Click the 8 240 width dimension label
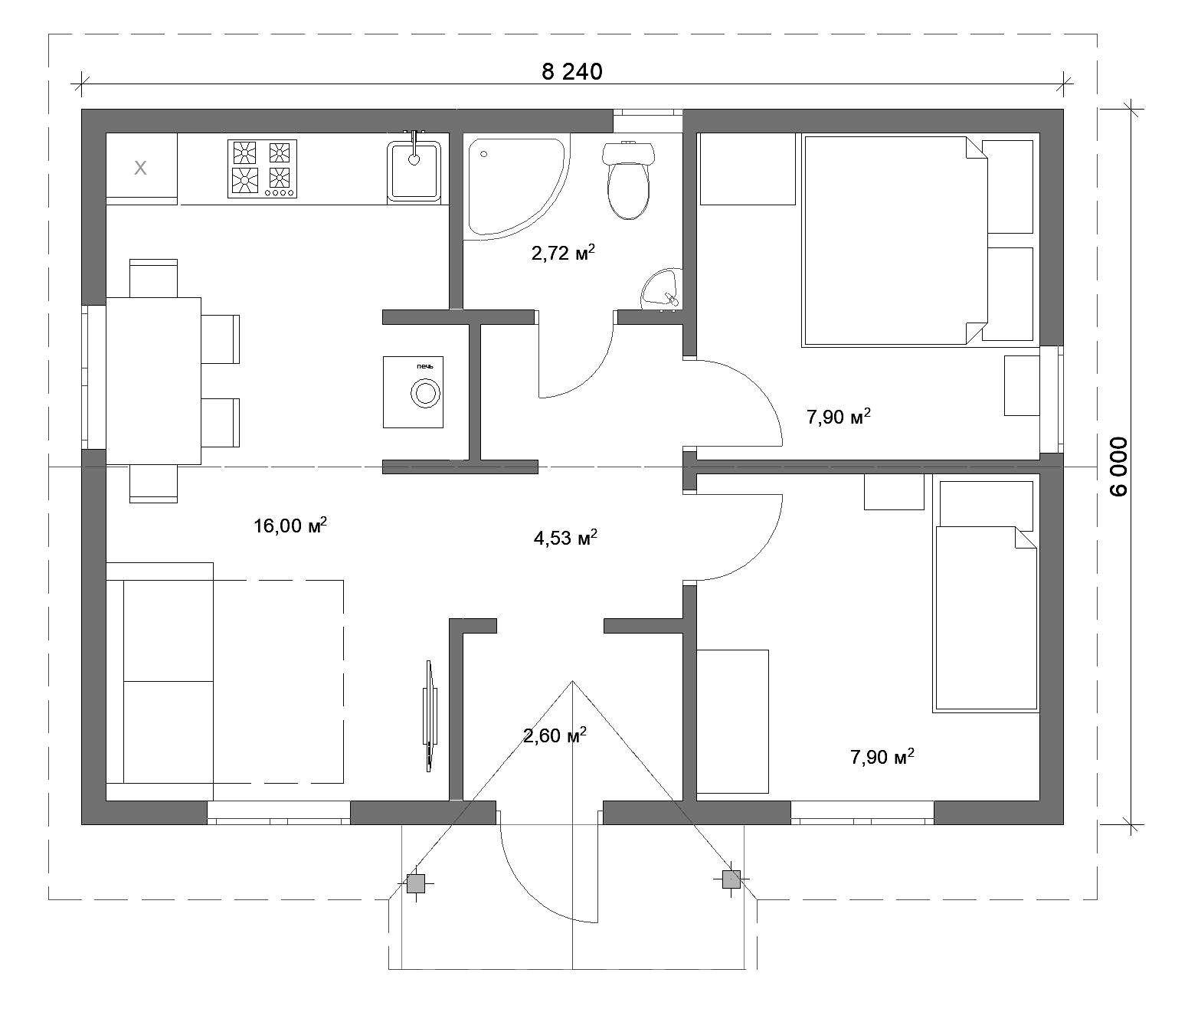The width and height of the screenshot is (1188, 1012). click(x=572, y=72)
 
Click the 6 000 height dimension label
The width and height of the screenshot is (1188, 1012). click(x=1119, y=467)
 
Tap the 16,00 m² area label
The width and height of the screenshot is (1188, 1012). click(x=290, y=525)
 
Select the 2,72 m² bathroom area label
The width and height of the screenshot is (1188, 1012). click(x=563, y=252)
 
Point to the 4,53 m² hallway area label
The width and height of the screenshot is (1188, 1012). click(x=565, y=537)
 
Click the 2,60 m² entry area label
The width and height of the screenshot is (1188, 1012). click(x=555, y=734)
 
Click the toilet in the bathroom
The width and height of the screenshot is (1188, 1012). click(x=629, y=180)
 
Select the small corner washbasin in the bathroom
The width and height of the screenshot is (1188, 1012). click(x=662, y=290)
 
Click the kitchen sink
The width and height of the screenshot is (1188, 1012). click(x=414, y=169)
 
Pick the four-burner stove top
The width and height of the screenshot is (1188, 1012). click(x=262, y=169)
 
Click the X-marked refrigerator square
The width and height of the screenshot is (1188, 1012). click(x=141, y=169)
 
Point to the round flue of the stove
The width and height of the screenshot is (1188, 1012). click(x=426, y=394)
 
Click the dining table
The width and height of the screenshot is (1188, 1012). click(x=153, y=381)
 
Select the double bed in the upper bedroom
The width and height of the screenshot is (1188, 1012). click(x=895, y=241)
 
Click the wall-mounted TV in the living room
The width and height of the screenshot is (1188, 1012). click(x=430, y=716)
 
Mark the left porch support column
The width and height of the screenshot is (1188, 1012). click(x=416, y=883)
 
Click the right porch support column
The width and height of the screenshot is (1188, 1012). click(x=731, y=879)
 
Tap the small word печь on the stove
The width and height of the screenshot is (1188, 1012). click(x=426, y=366)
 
